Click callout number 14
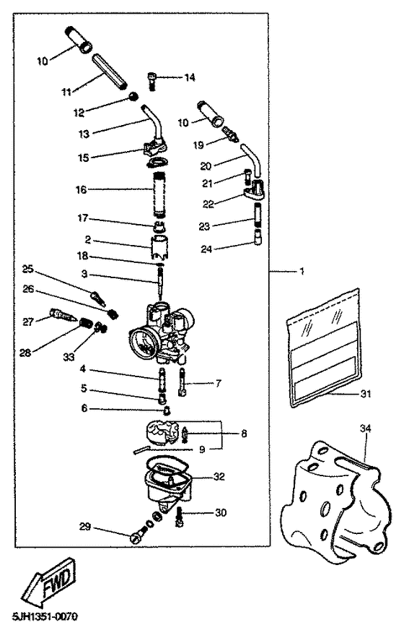pos(190,77)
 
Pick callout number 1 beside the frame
pos(302,272)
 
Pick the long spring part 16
pos(159,191)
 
